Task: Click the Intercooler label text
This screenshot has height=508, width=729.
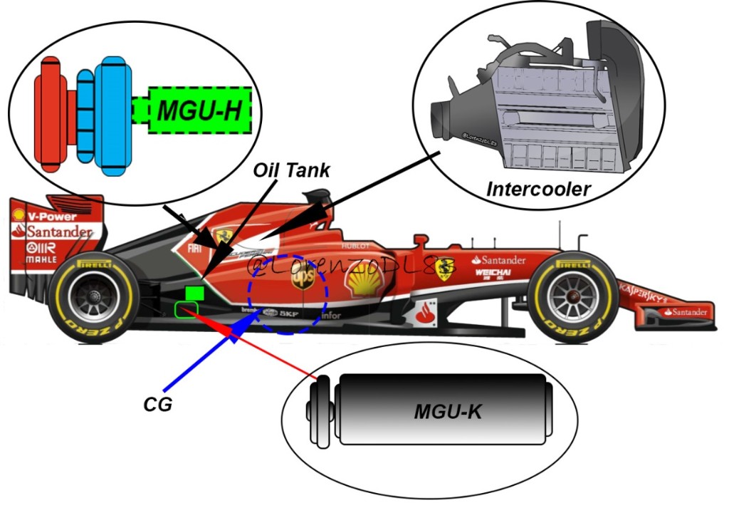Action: pyautogui.click(x=540, y=190)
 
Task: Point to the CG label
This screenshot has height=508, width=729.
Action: pyautogui.click(x=157, y=404)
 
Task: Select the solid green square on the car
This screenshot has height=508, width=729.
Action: pyautogui.click(x=194, y=292)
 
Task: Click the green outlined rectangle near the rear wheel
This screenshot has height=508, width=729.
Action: pyautogui.click(x=187, y=309)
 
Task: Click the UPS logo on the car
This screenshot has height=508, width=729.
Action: pyautogui.click(x=303, y=279)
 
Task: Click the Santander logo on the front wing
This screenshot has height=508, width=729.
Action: pyautogui.click(x=686, y=312)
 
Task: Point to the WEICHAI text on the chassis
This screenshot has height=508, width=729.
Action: pyautogui.click(x=493, y=272)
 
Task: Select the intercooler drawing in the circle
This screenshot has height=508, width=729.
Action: pyautogui.click(x=541, y=107)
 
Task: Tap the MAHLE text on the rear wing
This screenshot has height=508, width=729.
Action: pyautogui.click(x=41, y=261)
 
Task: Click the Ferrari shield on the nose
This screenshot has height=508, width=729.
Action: pyautogui.click(x=445, y=267)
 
